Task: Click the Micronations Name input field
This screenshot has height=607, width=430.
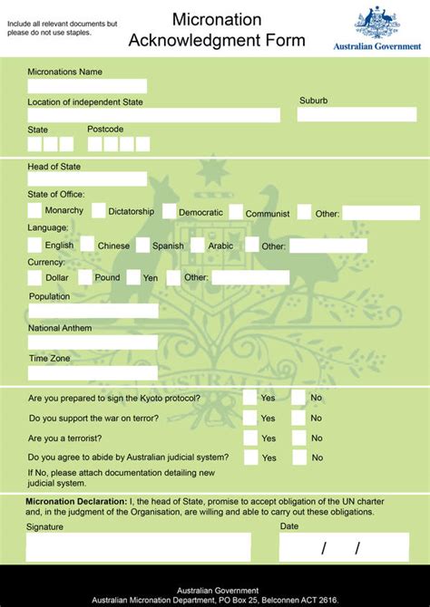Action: pyautogui.click(x=87, y=87)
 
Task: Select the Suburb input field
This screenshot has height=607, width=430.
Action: pyautogui.click(x=357, y=115)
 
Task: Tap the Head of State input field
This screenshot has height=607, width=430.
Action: pyautogui.click(x=87, y=179)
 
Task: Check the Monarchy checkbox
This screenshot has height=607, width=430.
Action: pyautogui.click(x=34, y=210)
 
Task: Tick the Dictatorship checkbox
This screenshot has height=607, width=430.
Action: pyautogui.click(x=98, y=210)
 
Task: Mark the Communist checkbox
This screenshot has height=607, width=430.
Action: pyautogui.click(x=236, y=212)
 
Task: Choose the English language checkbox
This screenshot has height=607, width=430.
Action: pyautogui.click(x=34, y=244)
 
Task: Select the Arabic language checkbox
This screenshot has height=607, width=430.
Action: pyautogui.click(x=198, y=245)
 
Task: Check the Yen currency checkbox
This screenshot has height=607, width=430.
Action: pyautogui.click(x=133, y=277)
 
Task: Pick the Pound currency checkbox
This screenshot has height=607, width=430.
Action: pyautogui.click(x=83, y=277)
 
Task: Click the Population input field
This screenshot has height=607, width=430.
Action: pyautogui.click(x=93, y=311)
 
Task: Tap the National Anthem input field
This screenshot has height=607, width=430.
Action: pyautogui.click(x=93, y=342)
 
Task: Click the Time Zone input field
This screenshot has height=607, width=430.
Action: pyautogui.click(x=93, y=372)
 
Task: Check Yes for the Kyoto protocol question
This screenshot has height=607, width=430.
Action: pyautogui.click(x=249, y=397)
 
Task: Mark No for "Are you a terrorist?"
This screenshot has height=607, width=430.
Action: pyautogui.click(x=298, y=438)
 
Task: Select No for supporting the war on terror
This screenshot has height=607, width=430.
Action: pyautogui.click(x=298, y=418)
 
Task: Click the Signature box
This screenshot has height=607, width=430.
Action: pyautogui.click(x=138, y=546)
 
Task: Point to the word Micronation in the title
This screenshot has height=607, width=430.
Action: pyautogui.click(x=217, y=19)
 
